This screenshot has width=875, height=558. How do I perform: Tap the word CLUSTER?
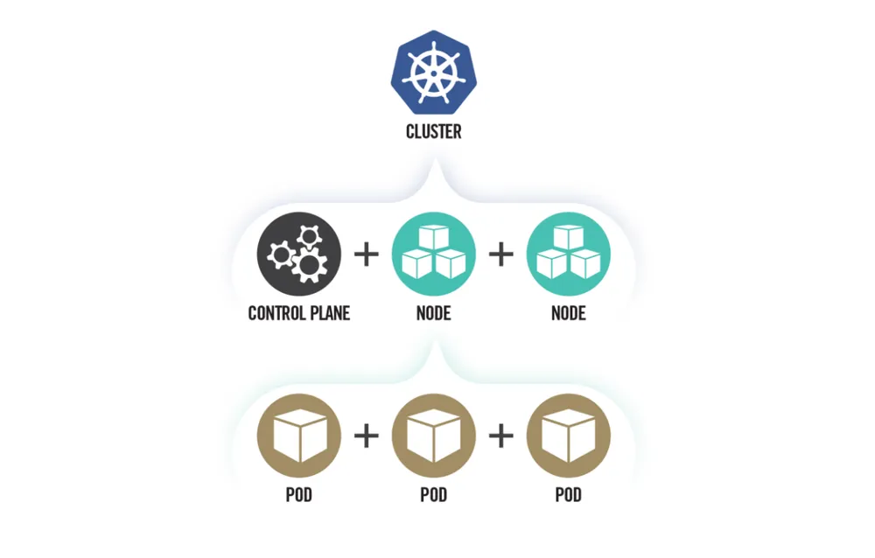[x=433, y=133]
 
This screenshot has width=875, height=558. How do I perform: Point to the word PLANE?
[x=327, y=312]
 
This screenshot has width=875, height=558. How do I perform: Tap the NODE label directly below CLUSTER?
[x=434, y=312]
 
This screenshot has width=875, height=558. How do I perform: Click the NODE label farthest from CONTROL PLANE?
[x=569, y=312]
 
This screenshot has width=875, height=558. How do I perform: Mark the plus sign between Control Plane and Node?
[x=367, y=255]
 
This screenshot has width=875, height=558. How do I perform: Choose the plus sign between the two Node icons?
[x=501, y=255]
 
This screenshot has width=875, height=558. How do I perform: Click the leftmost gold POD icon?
[x=299, y=436]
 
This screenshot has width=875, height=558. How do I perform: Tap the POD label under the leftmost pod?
[x=299, y=495]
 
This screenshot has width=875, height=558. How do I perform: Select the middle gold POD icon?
[x=434, y=436]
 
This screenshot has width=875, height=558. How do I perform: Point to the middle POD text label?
[x=434, y=495]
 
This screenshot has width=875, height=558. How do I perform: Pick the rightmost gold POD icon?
[x=569, y=436]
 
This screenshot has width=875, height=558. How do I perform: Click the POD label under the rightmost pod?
[x=569, y=495]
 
